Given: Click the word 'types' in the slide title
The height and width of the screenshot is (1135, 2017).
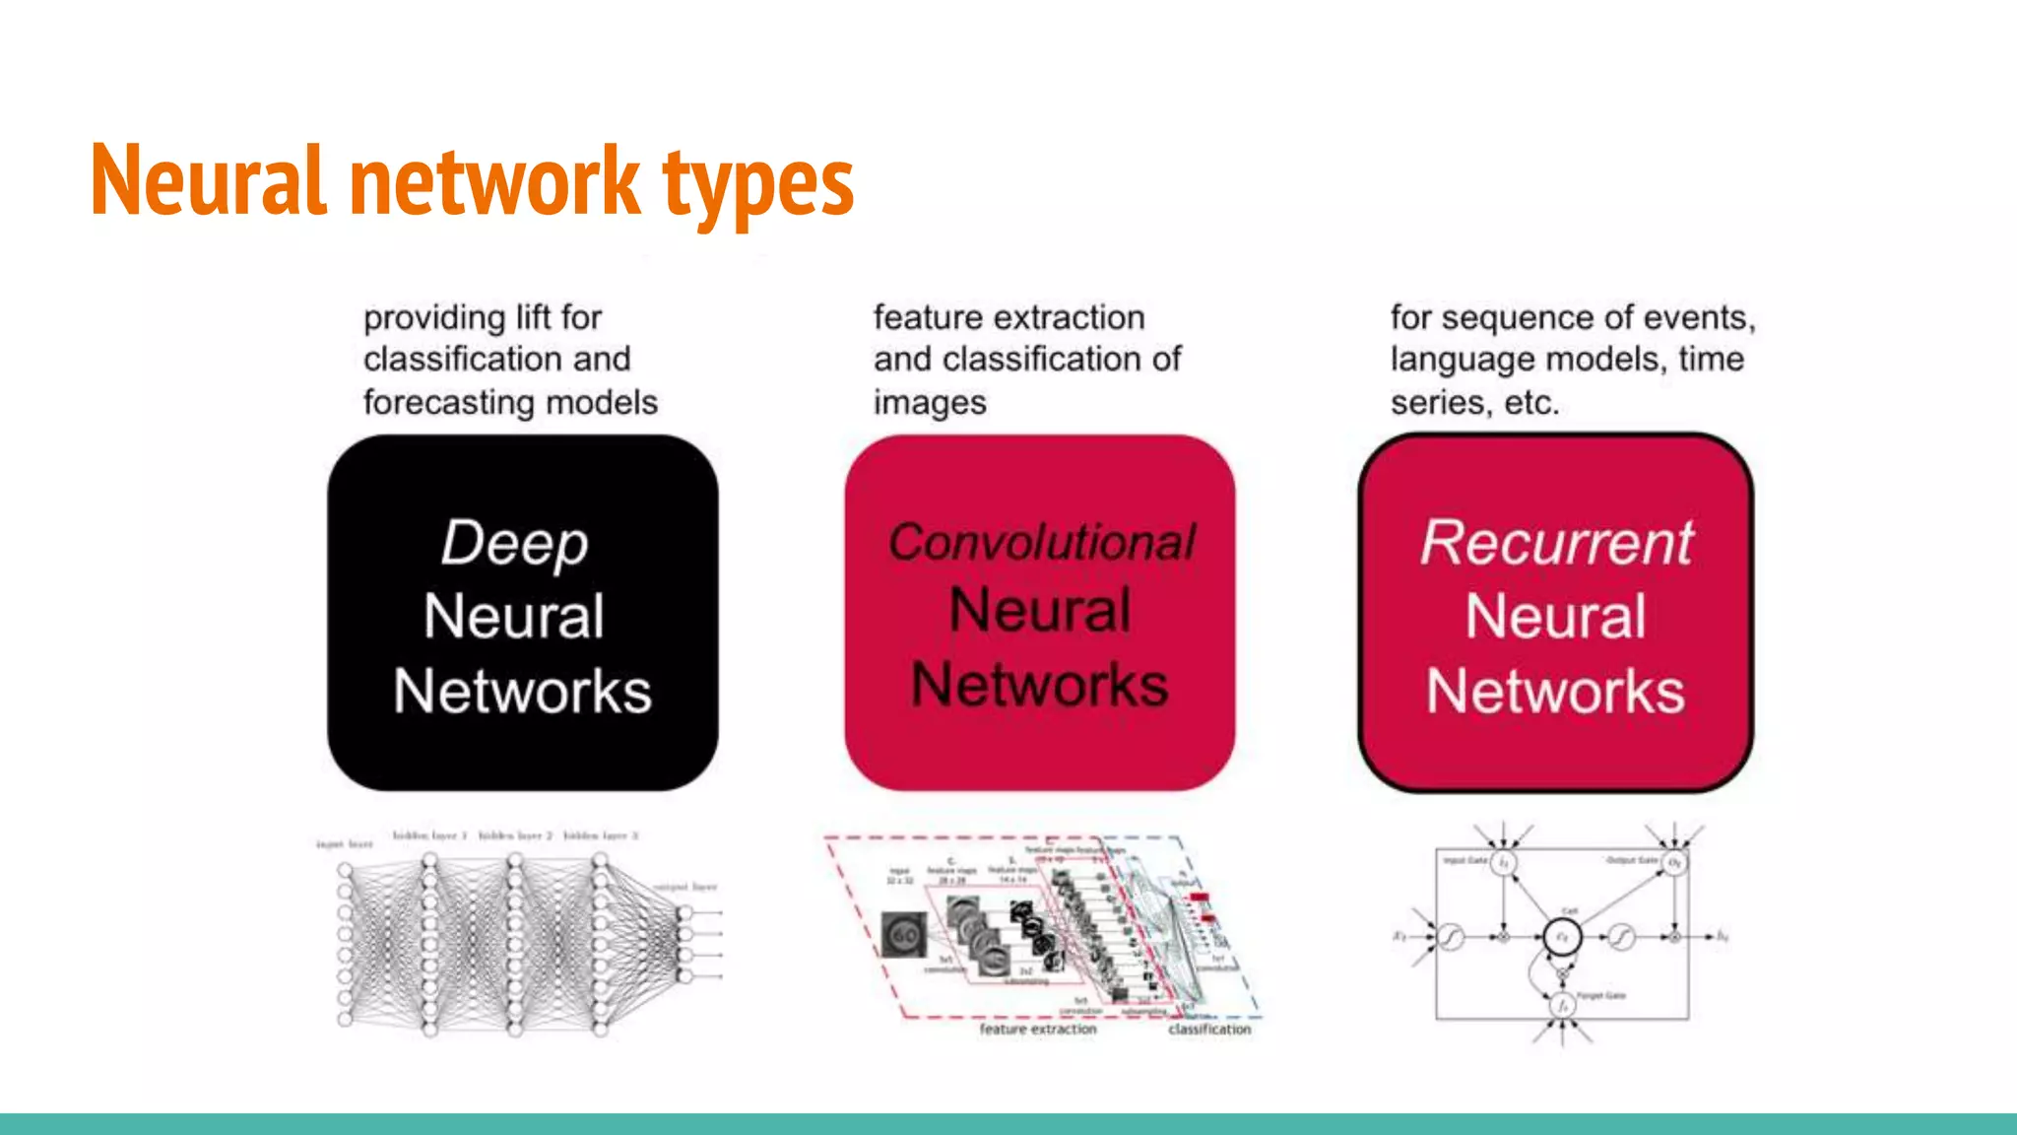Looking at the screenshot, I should coord(757,183).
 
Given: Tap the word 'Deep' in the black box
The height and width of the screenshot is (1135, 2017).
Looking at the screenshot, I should coord(514,543).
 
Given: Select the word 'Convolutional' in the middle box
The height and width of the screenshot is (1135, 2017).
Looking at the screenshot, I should coord(1041,542).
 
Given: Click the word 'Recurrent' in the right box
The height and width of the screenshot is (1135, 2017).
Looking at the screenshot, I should coord(1556,543).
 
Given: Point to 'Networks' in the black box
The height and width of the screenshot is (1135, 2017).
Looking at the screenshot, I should coord(522,691).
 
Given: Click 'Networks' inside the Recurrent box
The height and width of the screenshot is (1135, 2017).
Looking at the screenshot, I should coord(1556,691).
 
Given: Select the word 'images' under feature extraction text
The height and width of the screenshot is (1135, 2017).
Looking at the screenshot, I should coord(930,402).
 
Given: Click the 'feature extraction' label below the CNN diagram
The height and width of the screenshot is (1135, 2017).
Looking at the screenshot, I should coord(1037,1029).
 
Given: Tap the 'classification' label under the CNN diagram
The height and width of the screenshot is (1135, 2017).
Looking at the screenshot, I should coord(1209,1029).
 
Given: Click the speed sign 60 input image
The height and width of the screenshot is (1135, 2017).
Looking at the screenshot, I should coord(904,934).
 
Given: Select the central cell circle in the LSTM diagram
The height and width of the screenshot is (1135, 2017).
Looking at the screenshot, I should coord(1562,937).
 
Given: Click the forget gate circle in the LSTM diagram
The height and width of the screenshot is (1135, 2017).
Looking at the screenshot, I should coord(1562,1005).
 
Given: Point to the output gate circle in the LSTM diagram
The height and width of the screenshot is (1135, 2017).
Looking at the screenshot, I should coord(1674,863).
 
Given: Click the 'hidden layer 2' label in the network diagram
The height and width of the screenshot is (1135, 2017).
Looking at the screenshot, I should coord(515,835).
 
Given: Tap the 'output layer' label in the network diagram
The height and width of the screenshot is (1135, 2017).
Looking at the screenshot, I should coord(685,887).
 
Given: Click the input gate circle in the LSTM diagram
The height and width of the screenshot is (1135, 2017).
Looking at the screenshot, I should coord(1503,863).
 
